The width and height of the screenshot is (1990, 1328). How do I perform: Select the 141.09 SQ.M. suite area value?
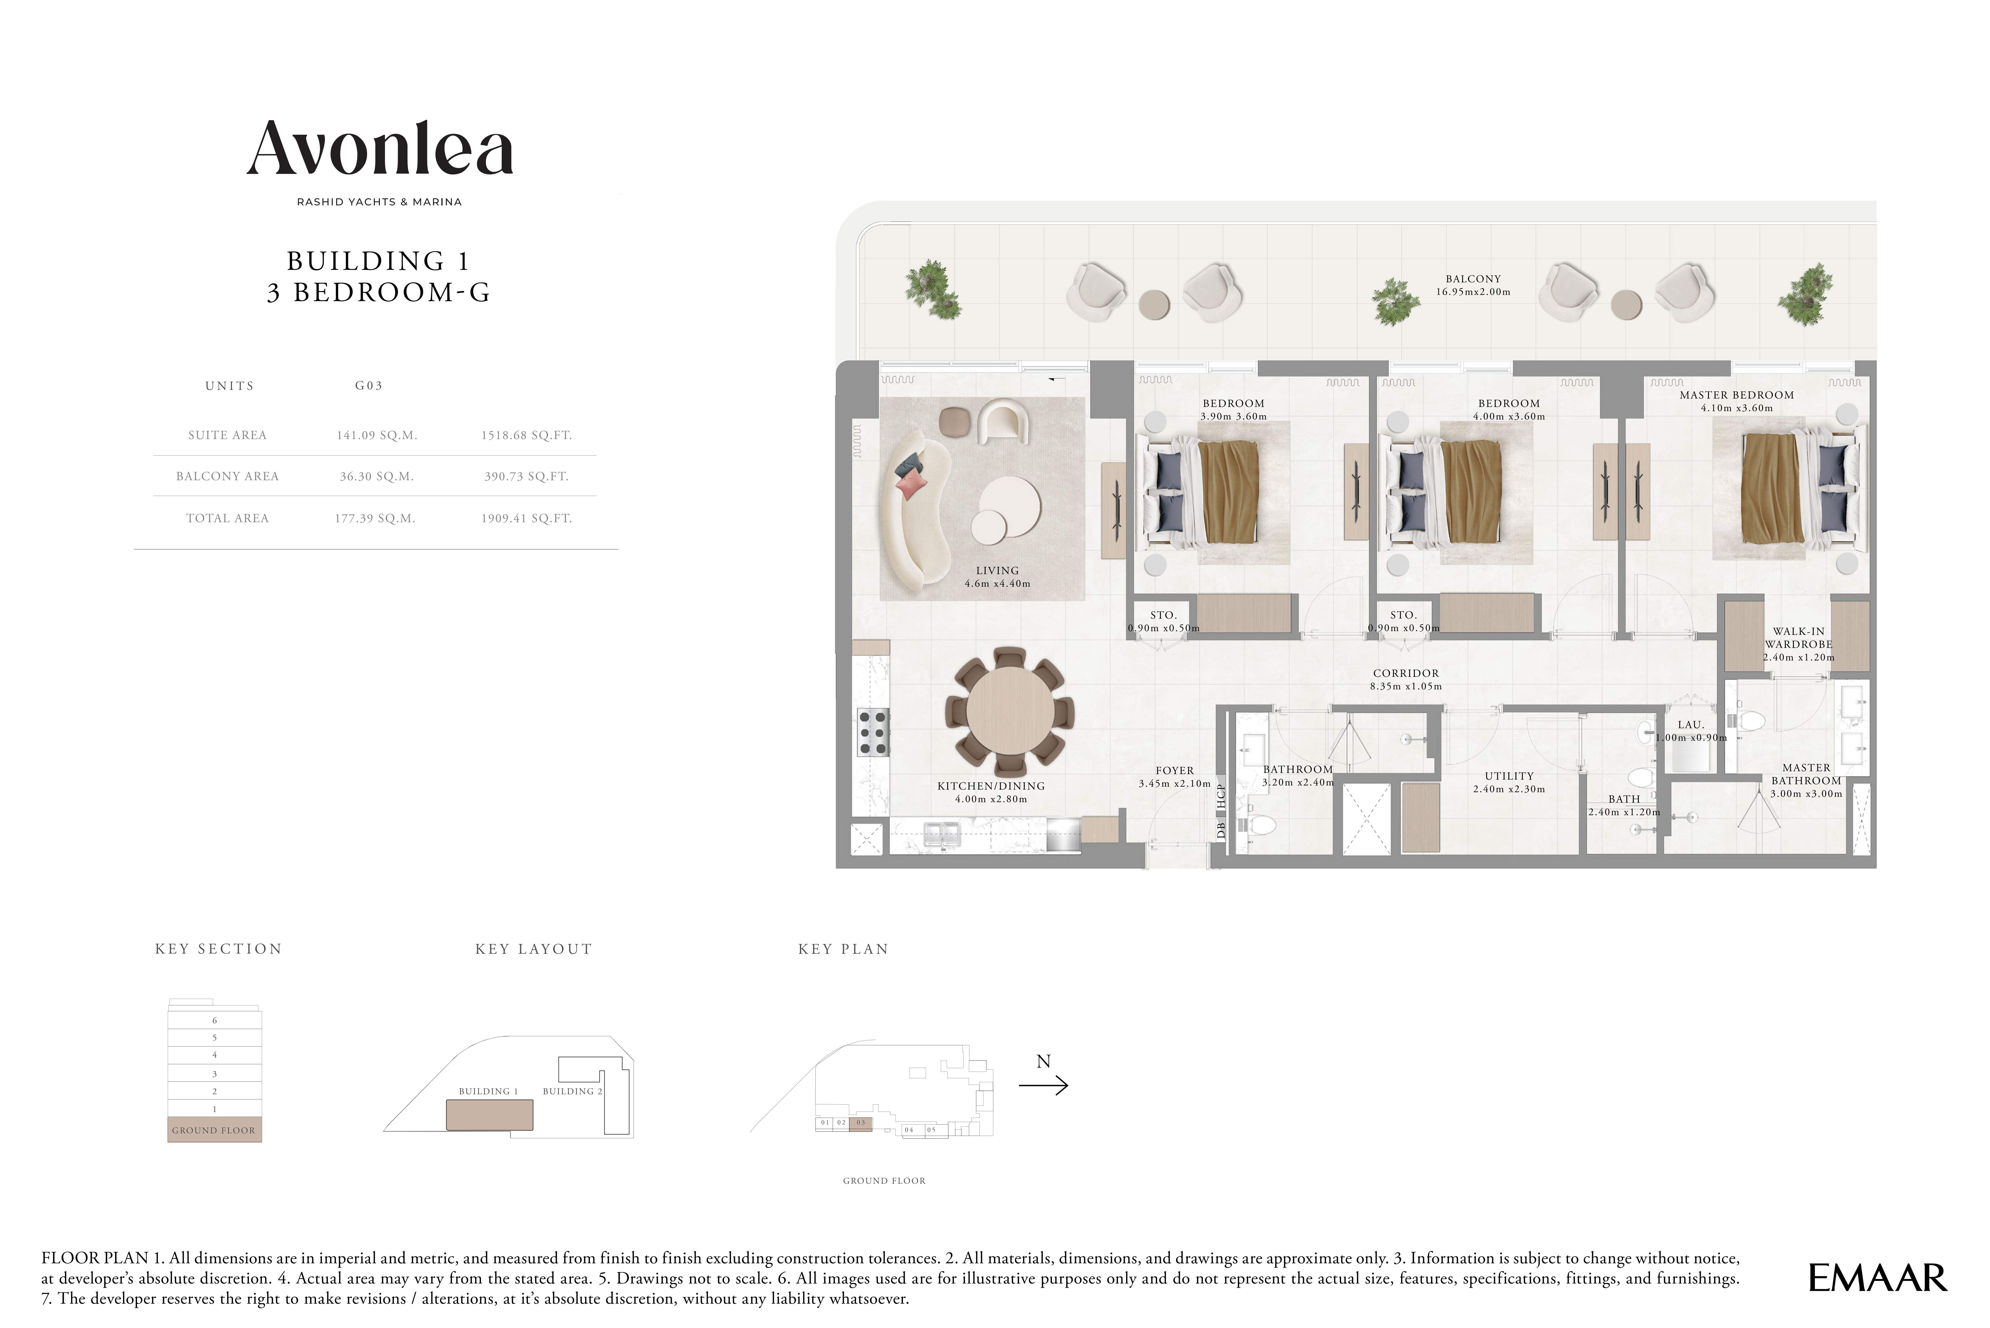[x=377, y=435]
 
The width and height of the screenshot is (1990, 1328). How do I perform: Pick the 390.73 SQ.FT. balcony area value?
[x=527, y=476]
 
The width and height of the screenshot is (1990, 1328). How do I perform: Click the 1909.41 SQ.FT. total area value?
[x=527, y=518]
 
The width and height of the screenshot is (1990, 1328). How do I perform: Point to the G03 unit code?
[x=368, y=385]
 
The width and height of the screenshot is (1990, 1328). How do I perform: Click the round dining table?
[x=1009, y=712]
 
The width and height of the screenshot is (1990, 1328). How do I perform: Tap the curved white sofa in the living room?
[x=914, y=508]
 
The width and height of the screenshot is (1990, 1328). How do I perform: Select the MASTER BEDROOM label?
[x=1737, y=395]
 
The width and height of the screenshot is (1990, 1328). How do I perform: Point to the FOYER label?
[x=1175, y=771]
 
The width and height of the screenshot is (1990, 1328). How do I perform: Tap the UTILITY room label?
[x=1509, y=776]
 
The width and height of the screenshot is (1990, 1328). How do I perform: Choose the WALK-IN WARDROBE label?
[x=1799, y=638]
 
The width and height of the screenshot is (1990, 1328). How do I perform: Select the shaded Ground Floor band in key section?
[x=214, y=1130]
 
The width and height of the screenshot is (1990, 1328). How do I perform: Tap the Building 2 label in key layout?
[x=572, y=1091]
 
